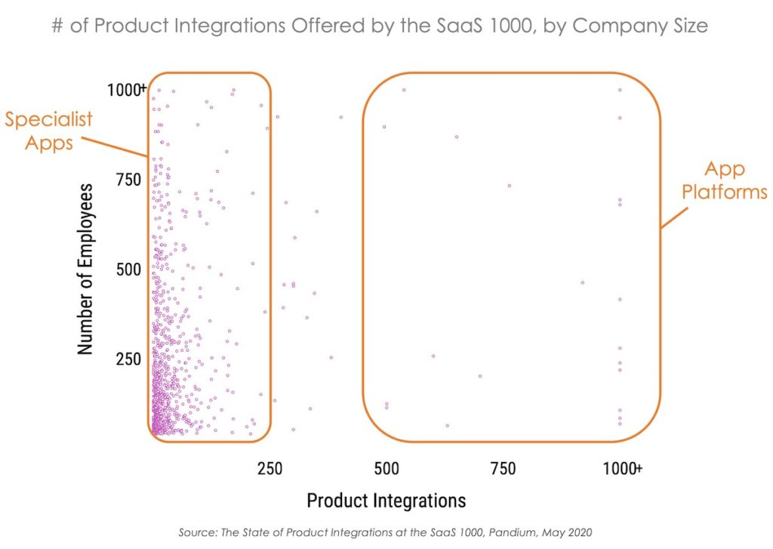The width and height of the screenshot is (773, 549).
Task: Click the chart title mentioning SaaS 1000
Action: [x=380, y=26]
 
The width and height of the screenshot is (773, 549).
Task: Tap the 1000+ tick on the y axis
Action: [x=126, y=90]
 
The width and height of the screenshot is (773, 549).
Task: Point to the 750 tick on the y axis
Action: [x=130, y=180]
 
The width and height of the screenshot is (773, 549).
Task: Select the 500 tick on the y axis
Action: [x=130, y=270]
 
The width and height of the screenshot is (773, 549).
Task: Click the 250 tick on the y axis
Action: [x=130, y=359]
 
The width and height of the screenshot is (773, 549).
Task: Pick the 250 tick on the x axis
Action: [x=269, y=469]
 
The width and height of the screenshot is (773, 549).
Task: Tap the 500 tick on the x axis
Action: [x=386, y=469]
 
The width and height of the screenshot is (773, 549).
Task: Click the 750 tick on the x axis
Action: [x=503, y=469]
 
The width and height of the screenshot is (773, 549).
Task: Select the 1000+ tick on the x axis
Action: [x=623, y=469]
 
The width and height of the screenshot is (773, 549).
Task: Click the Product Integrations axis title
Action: [x=386, y=500]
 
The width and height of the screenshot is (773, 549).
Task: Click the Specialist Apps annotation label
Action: [x=49, y=131]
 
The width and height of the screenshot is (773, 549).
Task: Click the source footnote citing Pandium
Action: [x=386, y=533]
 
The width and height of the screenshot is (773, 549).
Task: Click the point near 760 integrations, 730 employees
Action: [x=510, y=186]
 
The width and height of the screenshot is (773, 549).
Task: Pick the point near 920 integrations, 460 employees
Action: [x=582, y=282]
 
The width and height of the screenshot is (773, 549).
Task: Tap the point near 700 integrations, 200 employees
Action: [x=479, y=376]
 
